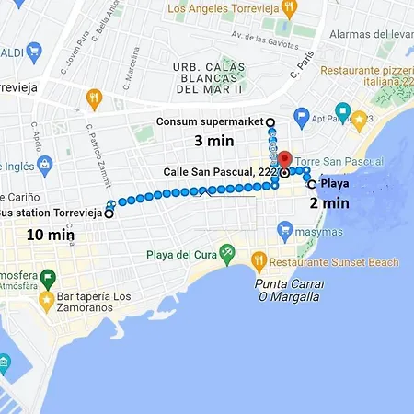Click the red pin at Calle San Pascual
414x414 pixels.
pyautogui.click(x=285, y=159)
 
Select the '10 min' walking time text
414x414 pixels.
pyautogui.click(x=50, y=235)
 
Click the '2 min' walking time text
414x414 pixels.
pyautogui.click(x=328, y=202)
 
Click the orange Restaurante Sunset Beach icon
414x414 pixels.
pyautogui.click(x=259, y=262)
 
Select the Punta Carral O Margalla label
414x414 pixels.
pyautogui.click(x=287, y=290)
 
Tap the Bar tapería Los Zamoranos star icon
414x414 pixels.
pyautogui.click(x=46, y=300)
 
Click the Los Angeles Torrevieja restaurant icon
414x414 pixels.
pyautogui.click(x=288, y=9)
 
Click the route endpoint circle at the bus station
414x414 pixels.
pyautogui.click(x=108, y=213)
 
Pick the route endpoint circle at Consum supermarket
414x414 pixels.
pyautogui.click(x=270, y=121)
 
